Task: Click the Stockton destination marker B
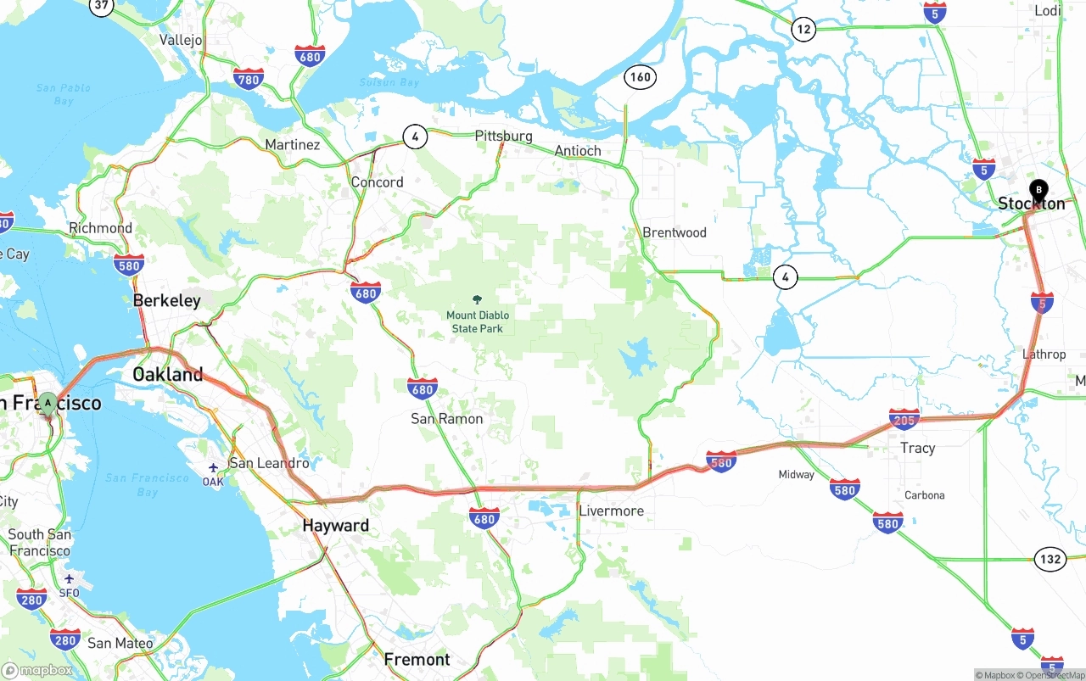(x=1038, y=190)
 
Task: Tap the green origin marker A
(x=48, y=403)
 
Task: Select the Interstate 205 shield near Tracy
(x=904, y=418)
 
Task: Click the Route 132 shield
(x=1050, y=559)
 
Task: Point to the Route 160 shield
(x=640, y=77)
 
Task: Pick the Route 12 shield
(x=803, y=30)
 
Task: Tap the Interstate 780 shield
(x=248, y=80)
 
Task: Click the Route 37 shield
(x=102, y=5)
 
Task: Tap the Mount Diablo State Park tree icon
(x=478, y=299)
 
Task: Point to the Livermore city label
(x=611, y=511)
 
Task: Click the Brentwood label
(x=675, y=232)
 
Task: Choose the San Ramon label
(x=447, y=419)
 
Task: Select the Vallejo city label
(x=181, y=40)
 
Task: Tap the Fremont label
(x=417, y=659)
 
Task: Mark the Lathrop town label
(x=1044, y=354)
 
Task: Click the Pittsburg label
(x=503, y=136)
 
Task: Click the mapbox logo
(x=39, y=670)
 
